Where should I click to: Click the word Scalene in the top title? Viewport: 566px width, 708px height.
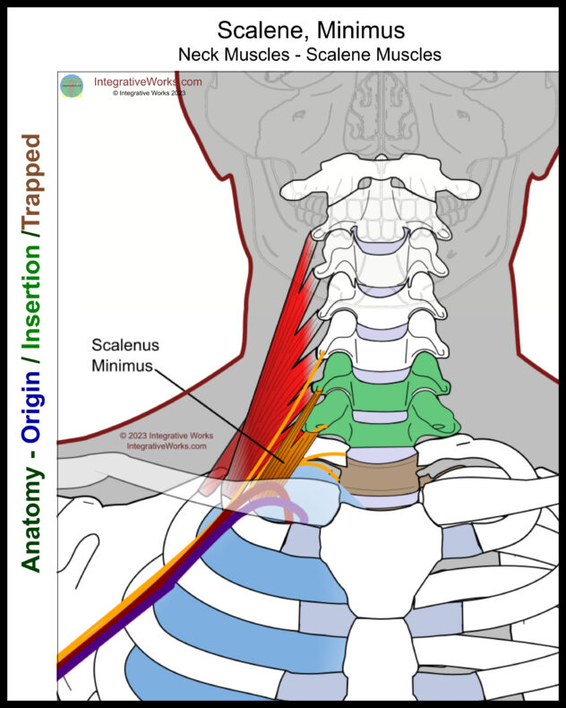coord(257,31)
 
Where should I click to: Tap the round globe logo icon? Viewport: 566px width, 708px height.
coord(72,87)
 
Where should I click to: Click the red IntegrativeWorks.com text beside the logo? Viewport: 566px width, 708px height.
coord(148,82)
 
